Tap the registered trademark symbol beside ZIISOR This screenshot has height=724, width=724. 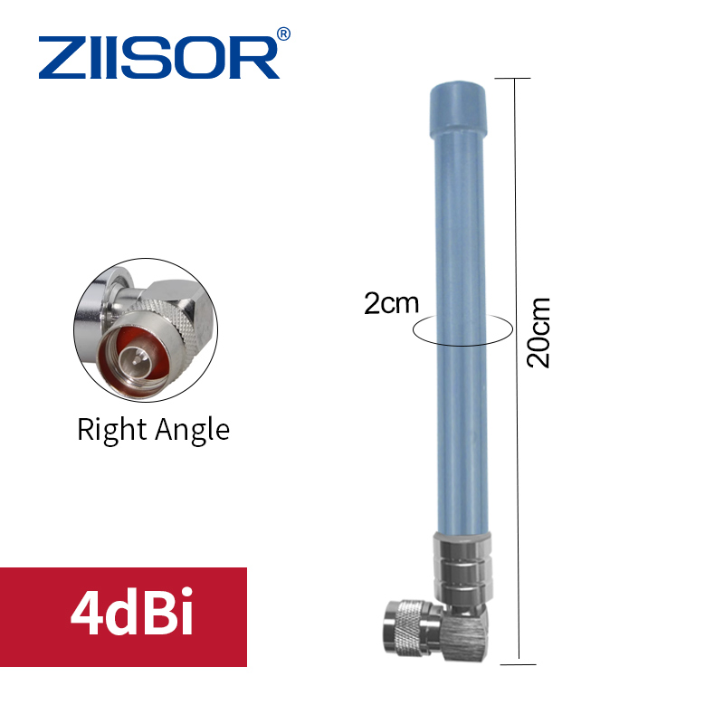(x=283, y=34)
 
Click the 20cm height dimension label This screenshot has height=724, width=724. (x=538, y=332)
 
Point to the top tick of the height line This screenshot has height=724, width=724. (x=516, y=79)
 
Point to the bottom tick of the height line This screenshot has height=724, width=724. (x=516, y=663)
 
